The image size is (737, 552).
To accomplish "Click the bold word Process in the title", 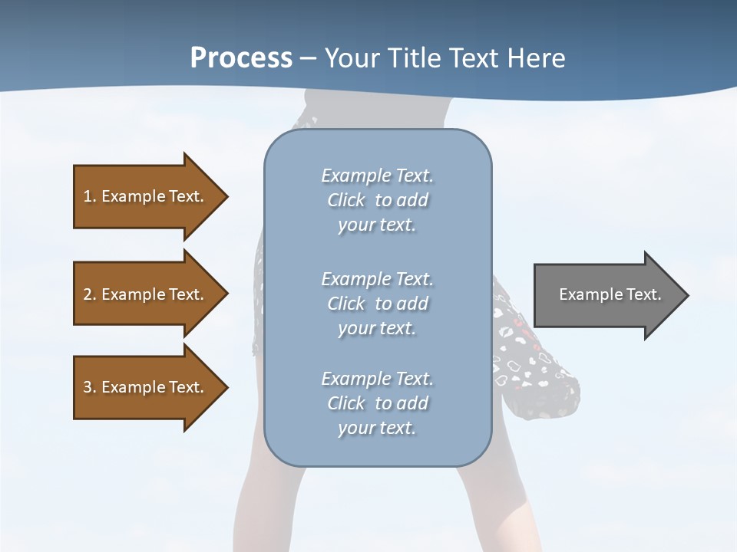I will click(x=241, y=58).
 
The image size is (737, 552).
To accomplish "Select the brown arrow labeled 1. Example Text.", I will click(x=146, y=196).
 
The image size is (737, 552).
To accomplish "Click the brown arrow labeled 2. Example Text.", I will click(x=146, y=294).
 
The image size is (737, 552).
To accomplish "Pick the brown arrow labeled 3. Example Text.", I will click(x=146, y=387).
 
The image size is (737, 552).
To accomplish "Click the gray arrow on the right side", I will click(x=606, y=294).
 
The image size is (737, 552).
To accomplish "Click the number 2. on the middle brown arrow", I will click(x=89, y=294).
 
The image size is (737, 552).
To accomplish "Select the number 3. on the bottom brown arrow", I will click(x=89, y=387).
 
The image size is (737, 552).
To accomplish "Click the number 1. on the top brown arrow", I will click(x=89, y=196).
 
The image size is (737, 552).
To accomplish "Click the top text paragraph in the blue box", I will click(x=377, y=200).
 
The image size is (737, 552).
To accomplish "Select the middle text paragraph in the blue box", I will click(x=377, y=304).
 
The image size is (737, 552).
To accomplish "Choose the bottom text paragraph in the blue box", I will click(x=377, y=403).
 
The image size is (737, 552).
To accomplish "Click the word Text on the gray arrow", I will click(x=644, y=294).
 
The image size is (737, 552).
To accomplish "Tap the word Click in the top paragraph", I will click(x=346, y=200).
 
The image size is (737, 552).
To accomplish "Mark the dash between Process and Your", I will click(x=308, y=58).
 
